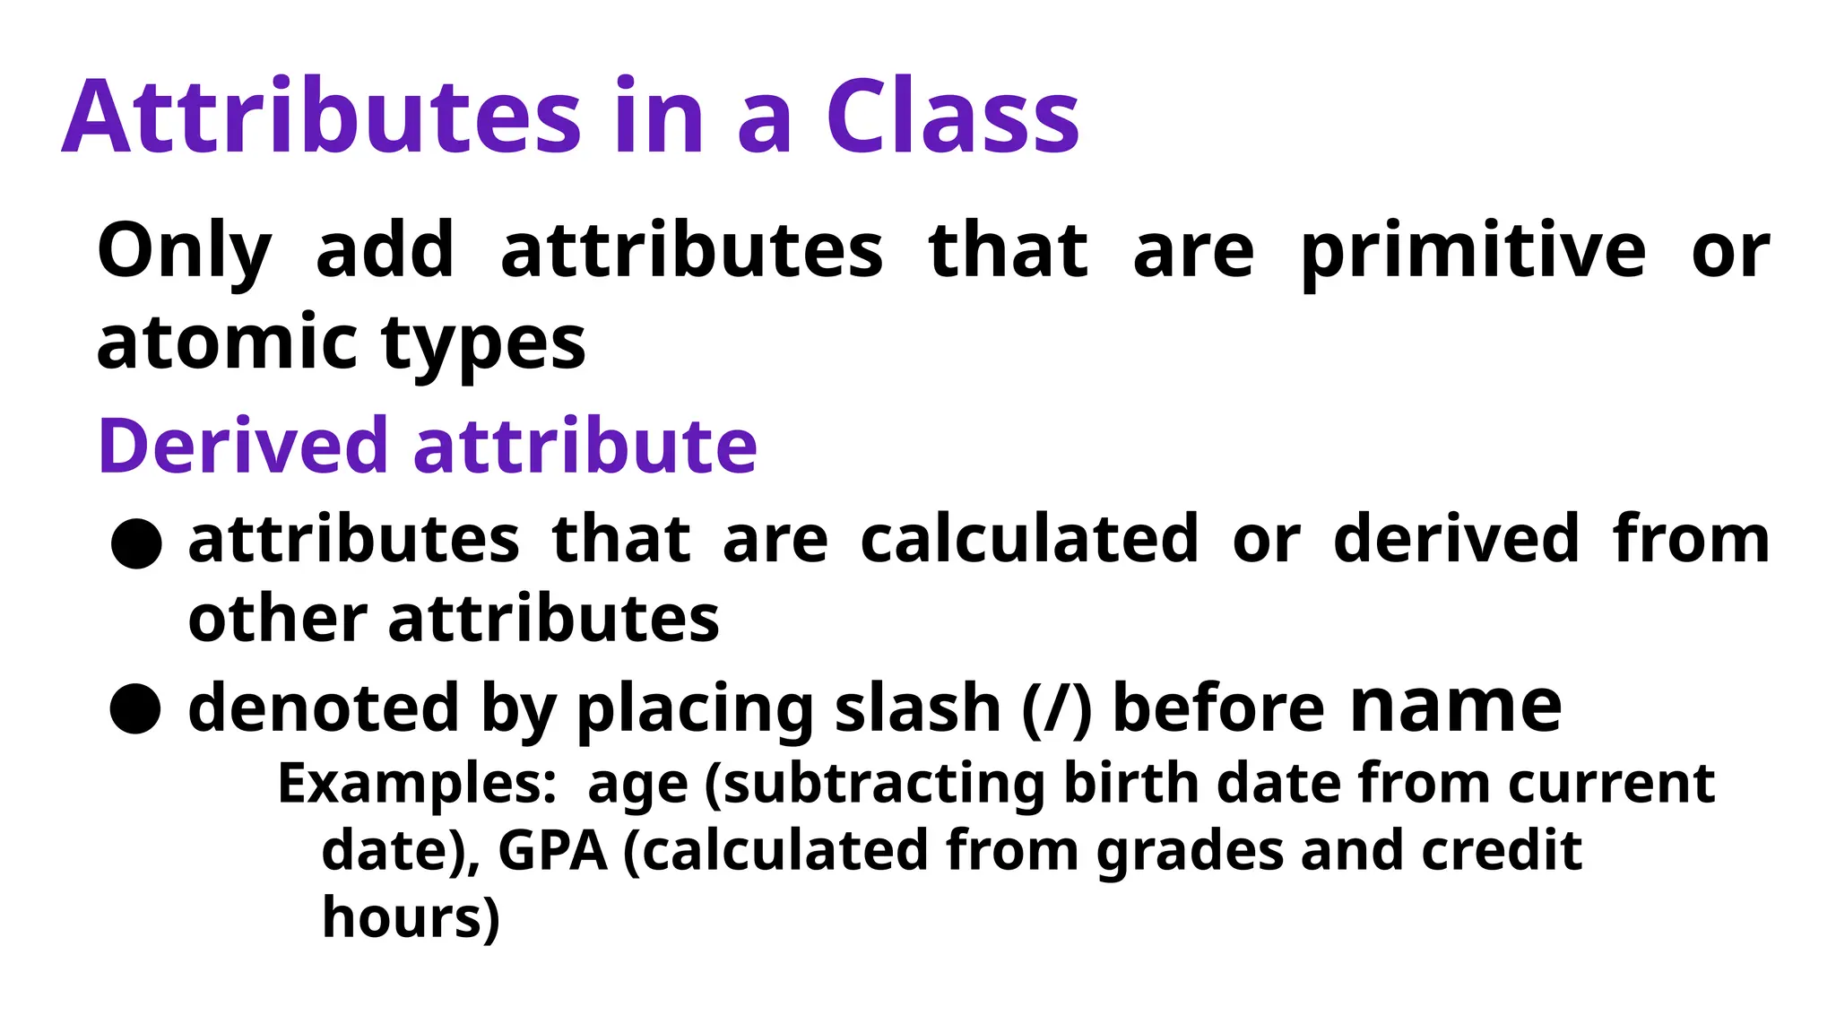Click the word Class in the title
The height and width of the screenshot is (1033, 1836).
952,117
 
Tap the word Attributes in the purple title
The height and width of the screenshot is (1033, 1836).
322,117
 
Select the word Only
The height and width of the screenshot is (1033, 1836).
184,252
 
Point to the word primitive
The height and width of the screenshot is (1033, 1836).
1473,252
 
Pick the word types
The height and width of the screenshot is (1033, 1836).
483,345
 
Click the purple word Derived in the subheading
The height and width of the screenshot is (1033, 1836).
242,446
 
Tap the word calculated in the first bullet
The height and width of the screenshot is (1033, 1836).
1029,540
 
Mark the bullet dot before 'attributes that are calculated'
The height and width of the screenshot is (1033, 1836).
136,543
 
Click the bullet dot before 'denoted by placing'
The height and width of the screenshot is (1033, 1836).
135,709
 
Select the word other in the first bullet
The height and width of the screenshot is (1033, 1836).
277,620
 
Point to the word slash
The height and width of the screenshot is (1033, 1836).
917,708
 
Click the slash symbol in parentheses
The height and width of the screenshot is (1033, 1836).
1057,708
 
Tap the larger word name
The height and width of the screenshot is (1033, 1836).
1456,707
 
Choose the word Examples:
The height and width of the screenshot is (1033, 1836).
418,784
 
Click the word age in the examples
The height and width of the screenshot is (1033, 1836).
637,786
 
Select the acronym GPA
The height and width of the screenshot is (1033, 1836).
552,850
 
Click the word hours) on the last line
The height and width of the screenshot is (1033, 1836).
411,917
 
